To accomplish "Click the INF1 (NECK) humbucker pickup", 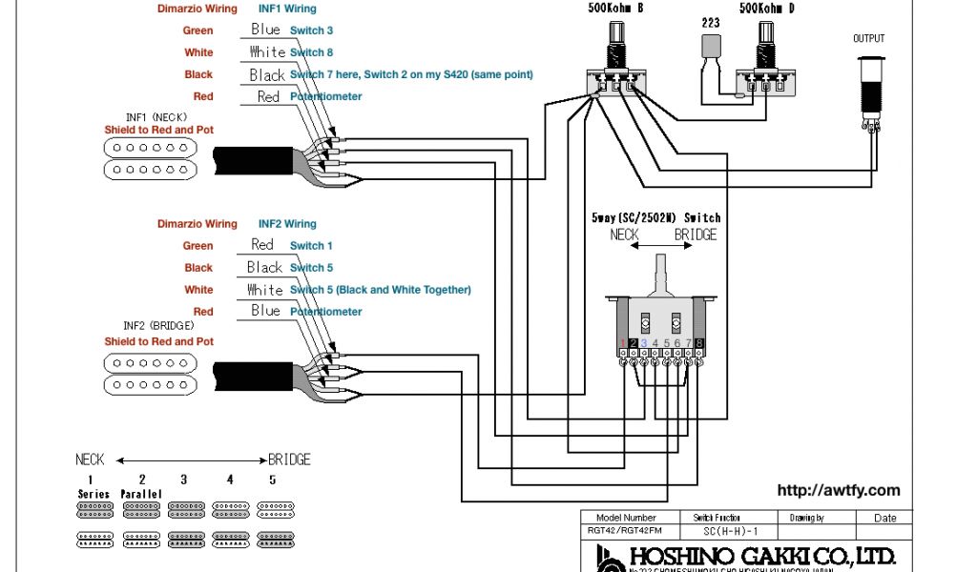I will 149,158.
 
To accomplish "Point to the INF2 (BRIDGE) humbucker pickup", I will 149,374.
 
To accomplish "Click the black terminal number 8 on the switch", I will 699,343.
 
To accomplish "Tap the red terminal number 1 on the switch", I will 623,343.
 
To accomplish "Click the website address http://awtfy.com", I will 838,491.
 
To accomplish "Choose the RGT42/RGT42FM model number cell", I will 626,530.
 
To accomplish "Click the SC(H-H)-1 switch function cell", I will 717,530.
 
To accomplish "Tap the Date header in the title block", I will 884,518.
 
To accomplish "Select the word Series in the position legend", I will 94,494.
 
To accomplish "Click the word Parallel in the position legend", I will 142,494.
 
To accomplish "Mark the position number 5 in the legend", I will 272,480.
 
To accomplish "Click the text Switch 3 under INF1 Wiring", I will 311,31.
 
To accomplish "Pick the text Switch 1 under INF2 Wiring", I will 311,246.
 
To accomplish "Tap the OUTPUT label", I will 868,39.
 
